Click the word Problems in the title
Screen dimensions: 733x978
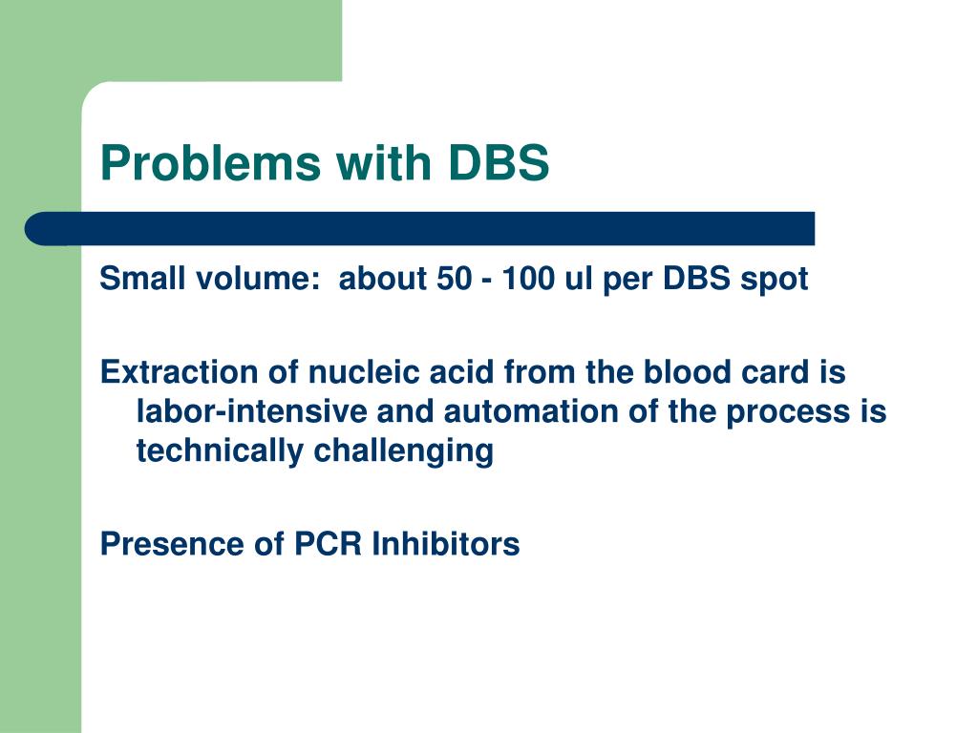pos(211,163)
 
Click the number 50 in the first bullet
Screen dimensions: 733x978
pos(446,280)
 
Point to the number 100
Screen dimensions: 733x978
pos(527,280)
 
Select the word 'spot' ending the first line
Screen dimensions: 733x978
pos(776,280)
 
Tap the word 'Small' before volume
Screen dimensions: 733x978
pos(142,280)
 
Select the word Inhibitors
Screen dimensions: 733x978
pos(445,543)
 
